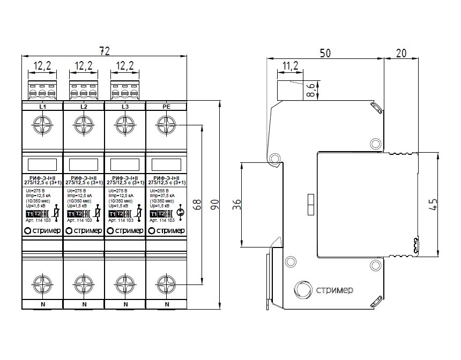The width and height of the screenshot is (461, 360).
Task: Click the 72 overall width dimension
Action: click(105, 51)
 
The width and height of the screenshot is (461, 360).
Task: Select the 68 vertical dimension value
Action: click(196, 206)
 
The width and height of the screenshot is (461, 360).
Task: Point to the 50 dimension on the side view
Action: click(325, 53)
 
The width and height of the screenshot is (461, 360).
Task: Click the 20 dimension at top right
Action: click(401, 53)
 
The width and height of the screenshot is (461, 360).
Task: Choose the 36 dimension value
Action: click(237, 205)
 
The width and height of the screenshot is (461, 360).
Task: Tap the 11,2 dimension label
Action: click(290, 66)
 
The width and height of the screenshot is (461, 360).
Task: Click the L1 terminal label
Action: click(42, 107)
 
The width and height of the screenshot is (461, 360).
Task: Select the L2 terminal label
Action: click(84, 107)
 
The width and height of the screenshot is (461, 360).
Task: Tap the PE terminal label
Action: click(166, 107)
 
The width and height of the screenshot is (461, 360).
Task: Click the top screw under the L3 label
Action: click(125, 127)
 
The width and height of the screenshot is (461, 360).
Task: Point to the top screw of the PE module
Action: click(166, 127)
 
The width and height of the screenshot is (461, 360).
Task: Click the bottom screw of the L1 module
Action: click(42, 282)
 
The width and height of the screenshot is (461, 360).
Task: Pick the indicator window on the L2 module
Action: click(84, 164)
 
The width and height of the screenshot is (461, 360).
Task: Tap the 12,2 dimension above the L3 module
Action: click(125, 66)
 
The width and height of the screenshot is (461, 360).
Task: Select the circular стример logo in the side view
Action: click(302, 291)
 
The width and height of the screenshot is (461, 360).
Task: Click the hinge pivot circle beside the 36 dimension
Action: click(275, 159)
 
